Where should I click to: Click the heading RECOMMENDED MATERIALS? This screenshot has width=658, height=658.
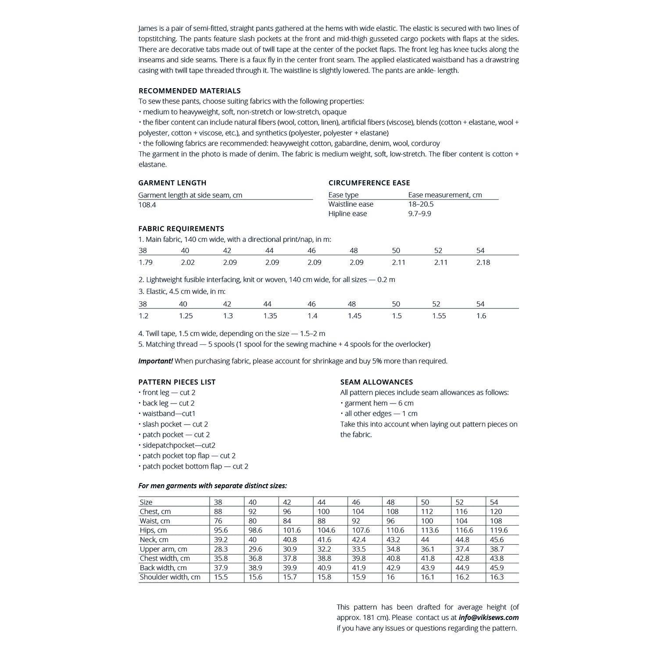click(x=190, y=91)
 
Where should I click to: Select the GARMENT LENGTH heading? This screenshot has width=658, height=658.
click(x=172, y=183)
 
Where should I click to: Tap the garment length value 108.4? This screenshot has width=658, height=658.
click(x=147, y=205)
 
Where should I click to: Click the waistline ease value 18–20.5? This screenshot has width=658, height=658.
click(x=421, y=204)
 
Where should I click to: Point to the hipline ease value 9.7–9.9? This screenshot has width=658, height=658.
click(x=419, y=214)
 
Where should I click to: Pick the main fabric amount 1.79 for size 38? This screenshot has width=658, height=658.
click(x=146, y=262)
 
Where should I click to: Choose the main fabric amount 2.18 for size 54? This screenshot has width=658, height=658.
click(x=483, y=262)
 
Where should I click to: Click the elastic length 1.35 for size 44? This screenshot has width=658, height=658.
click(x=270, y=316)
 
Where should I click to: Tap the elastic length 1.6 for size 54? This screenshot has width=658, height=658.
click(x=481, y=316)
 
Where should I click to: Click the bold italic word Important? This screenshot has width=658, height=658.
click(x=156, y=361)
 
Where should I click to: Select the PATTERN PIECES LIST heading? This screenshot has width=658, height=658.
click(x=177, y=382)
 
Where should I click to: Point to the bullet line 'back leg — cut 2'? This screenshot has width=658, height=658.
click(x=168, y=403)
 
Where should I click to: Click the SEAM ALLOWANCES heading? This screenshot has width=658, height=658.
click(x=376, y=382)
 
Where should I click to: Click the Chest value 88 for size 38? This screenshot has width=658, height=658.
click(x=218, y=511)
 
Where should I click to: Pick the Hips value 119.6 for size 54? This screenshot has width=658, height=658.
click(x=499, y=530)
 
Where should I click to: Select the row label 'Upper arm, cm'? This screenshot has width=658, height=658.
click(x=163, y=549)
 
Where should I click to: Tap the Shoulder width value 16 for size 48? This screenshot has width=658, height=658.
click(x=390, y=577)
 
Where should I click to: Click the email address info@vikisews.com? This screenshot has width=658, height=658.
click(x=489, y=618)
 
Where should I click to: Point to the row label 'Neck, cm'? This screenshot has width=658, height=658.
click(x=154, y=540)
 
